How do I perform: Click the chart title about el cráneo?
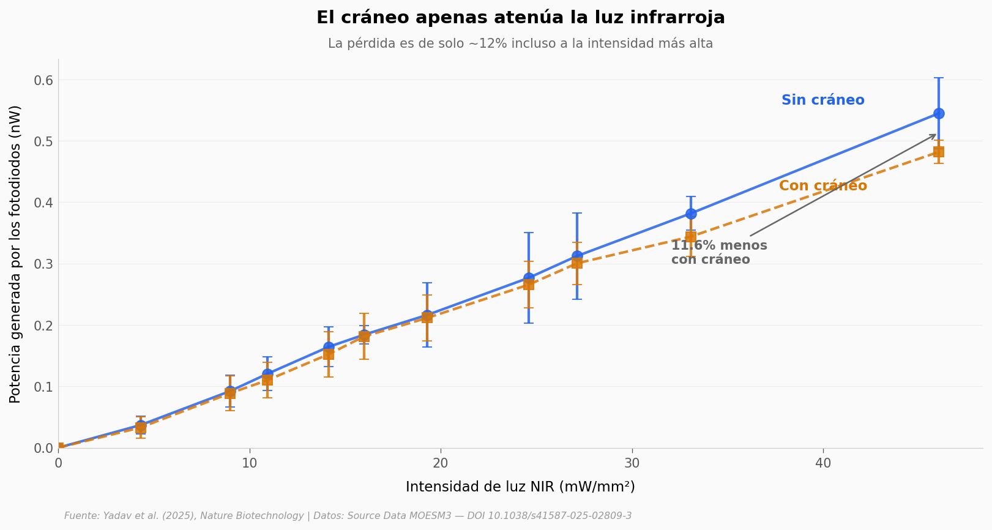(x=520, y=18)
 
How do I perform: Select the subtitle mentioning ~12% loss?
(x=520, y=44)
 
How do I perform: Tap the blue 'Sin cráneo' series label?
(x=822, y=100)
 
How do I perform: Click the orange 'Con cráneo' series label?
(x=822, y=186)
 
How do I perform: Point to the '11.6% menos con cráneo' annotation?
(x=718, y=253)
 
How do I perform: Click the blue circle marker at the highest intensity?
(x=938, y=113)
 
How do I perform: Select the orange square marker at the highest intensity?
(x=938, y=152)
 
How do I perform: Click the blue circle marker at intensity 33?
(x=690, y=214)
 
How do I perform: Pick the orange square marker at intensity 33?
(x=690, y=237)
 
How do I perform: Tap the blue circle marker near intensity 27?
(x=576, y=256)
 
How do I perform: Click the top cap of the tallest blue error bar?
(x=938, y=78)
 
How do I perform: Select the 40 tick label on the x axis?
(x=823, y=463)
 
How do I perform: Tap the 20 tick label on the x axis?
(x=441, y=463)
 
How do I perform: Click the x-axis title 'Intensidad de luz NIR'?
(x=520, y=487)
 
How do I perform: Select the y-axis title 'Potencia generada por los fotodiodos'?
(x=16, y=254)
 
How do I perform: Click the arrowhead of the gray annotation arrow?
(x=934, y=135)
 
